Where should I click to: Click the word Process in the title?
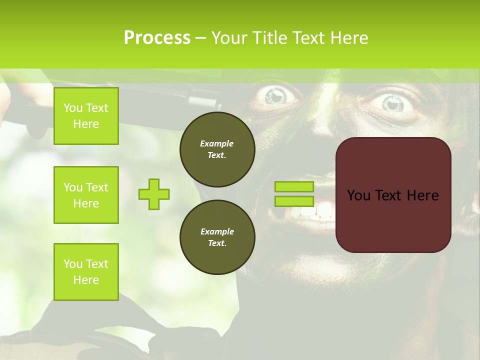coord(157,38)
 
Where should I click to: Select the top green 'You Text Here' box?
coord(86,116)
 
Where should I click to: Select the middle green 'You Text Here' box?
coord(86,195)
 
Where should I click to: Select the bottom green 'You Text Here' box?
coord(86,271)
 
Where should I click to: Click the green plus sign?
coord(154,194)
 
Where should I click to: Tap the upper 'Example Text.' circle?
coord(217,149)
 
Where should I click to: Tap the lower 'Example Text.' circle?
coord(217,237)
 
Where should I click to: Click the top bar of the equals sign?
coord(294,187)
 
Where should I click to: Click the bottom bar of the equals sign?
coord(294,201)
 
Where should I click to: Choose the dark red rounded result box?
coord(393,195)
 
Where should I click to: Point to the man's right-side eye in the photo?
coord(393,103)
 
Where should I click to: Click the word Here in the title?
coord(350,38)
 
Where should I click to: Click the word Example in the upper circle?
coord(217,143)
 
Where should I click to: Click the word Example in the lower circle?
coord(217,231)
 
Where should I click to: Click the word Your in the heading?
coord(230,38)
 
